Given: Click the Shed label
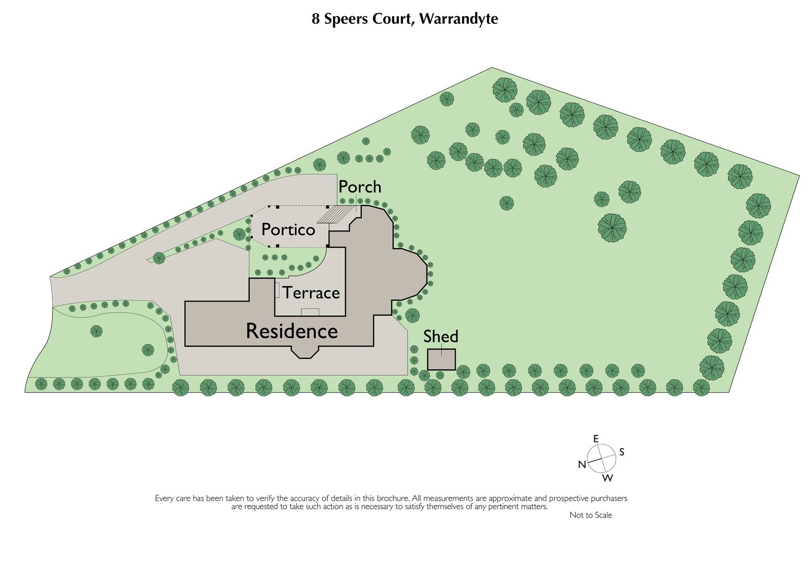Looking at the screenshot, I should click(x=441, y=336).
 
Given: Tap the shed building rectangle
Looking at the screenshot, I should click(x=441, y=359).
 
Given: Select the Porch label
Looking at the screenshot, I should click(x=360, y=187).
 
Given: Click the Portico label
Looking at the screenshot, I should click(x=288, y=230).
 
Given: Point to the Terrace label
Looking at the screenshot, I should click(x=311, y=293).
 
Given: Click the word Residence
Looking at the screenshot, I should click(x=292, y=331).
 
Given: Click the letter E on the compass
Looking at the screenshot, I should click(x=596, y=438).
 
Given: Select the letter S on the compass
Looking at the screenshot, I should click(x=622, y=452).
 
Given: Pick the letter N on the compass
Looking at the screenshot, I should click(x=582, y=464).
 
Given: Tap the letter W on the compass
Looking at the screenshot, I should click(x=607, y=478).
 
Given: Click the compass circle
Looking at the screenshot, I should click(x=602, y=458).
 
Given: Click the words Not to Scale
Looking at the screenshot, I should click(x=590, y=515).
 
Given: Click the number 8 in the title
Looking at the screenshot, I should click(x=316, y=19).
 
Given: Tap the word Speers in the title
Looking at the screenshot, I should click(x=344, y=19).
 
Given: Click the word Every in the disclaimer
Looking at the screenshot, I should click(x=164, y=498).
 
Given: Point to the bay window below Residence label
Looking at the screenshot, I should click(x=304, y=352).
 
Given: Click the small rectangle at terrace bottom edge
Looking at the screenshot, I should click(x=310, y=312).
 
